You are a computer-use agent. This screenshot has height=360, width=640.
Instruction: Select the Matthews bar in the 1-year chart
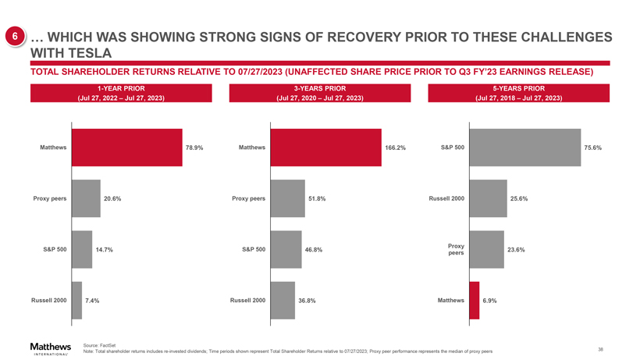click(x=126, y=148)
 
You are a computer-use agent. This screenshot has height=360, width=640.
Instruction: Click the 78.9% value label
click(x=194, y=148)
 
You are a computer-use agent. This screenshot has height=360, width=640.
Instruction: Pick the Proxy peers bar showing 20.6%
click(x=86, y=198)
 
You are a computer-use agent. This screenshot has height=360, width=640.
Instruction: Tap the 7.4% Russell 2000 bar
click(x=76, y=300)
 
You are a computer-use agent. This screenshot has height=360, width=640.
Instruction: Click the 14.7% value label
click(x=105, y=250)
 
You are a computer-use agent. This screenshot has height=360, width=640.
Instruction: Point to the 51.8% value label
click(x=316, y=198)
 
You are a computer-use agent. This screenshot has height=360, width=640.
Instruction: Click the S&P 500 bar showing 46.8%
click(x=286, y=249)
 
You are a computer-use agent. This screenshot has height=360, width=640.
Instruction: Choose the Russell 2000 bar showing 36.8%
click(x=283, y=300)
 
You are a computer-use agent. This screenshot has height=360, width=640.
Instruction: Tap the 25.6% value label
click(x=519, y=198)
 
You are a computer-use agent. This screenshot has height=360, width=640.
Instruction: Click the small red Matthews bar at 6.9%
click(x=475, y=300)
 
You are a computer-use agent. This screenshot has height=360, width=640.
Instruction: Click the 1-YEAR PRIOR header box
click(x=120, y=93)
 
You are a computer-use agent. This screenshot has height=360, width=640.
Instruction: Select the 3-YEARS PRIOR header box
click(x=320, y=93)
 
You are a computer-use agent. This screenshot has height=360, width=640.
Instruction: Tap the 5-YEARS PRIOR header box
click(x=518, y=93)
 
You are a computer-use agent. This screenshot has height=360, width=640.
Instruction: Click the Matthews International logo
click(x=50, y=348)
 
